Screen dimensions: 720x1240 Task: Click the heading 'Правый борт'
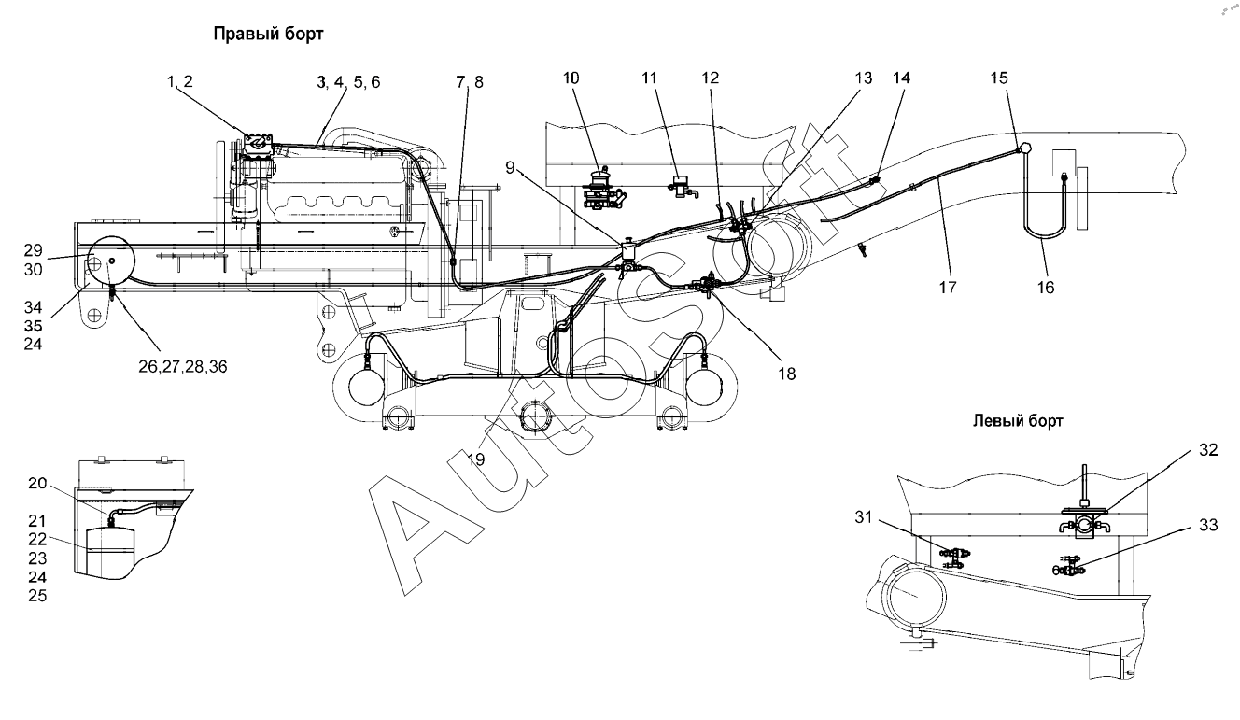coord(268,35)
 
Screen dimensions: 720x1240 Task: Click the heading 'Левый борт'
coord(1018,422)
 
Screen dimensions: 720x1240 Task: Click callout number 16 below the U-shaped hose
coord(1045,288)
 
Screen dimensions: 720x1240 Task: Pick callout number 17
coord(949,289)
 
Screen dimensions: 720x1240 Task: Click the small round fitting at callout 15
coord(1024,148)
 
